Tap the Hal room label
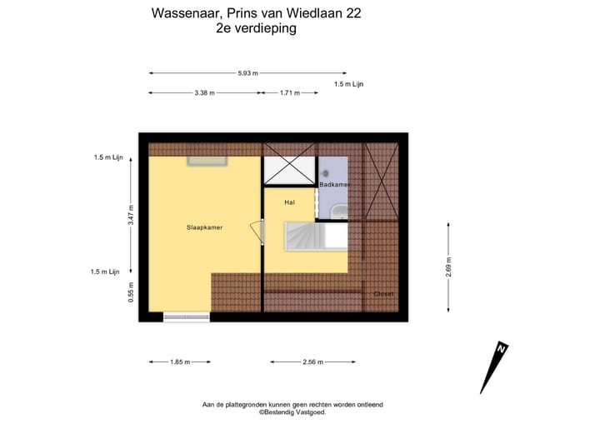[289, 202]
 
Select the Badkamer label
[334, 184]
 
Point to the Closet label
[383, 294]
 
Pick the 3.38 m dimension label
[204, 93]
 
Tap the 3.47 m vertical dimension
[131, 217]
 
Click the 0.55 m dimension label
[131, 292]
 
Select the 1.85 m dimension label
[180, 362]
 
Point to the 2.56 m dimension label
[312, 362]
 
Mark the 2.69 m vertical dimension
[449, 267]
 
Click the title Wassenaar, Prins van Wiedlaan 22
[256, 12]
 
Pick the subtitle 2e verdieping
[255, 28]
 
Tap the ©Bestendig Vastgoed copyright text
[292, 412]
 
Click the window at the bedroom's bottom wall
[187, 316]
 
